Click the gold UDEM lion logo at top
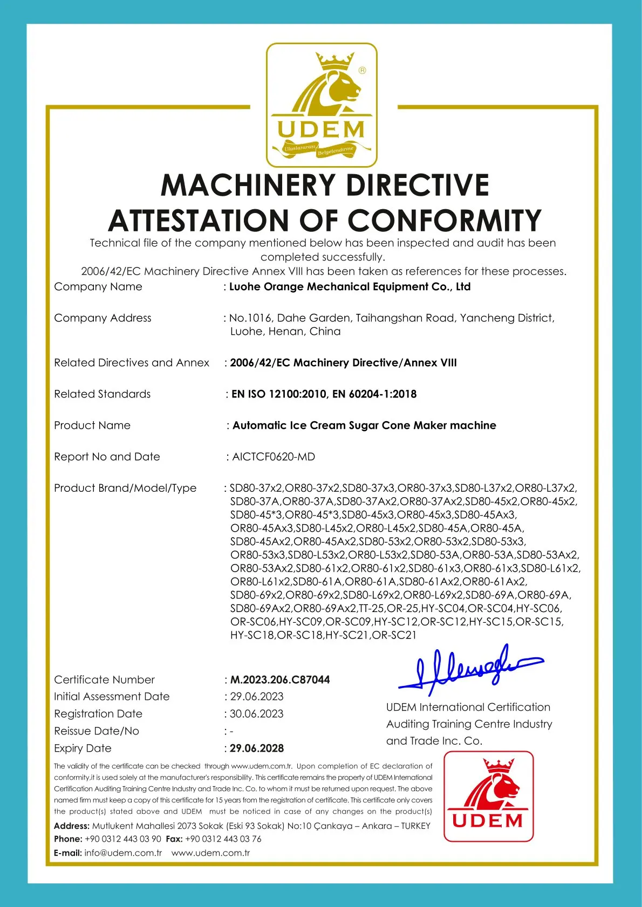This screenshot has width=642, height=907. pyautogui.click(x=322, y=105)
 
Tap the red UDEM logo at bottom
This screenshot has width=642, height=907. pyautogui.click(x=488, y=796)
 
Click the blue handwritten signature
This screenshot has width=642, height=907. pyautogui.click(x=469, y=669)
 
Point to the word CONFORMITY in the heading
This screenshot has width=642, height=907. pyautogui.click(x=444, y=221)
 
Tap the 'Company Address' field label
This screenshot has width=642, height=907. pyautogui.click(x=103, y=318)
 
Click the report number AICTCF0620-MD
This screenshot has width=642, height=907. pyautogui.click(x=274, y=457)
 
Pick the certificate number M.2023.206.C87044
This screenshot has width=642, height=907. pyautogui.click(x=280, y=679)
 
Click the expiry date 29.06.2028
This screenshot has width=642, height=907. pyautogui.click(x=257, y=748)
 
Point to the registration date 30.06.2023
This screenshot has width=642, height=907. pyautogui.click(x=257, y=714)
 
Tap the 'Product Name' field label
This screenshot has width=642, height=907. pyautogui.click(x=92, y=425)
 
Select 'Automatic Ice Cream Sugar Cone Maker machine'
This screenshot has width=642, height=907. pyautogui.click(x=364, y=425)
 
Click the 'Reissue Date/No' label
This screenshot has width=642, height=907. pyautogui.click(x=97, y=731)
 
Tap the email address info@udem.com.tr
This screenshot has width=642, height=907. pyautogui.click(x=123, y=853)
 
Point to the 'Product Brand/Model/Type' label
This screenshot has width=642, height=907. pyautogui.click(x=125, y=488)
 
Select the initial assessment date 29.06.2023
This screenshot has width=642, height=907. pyautogui.click(x=257, y=697)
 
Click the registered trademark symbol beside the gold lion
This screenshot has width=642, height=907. pyautogui.click(x=362, y=70)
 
